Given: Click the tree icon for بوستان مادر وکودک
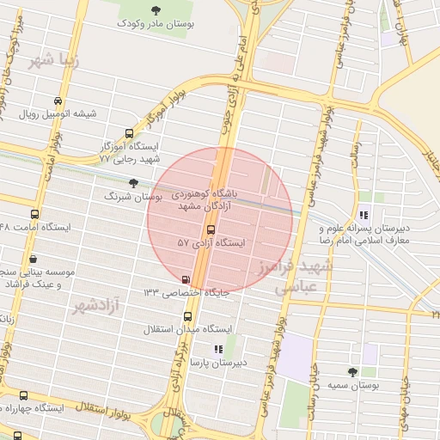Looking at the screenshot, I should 155,10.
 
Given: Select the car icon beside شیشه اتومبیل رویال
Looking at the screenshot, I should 58,100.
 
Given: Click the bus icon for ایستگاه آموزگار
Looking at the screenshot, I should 129,133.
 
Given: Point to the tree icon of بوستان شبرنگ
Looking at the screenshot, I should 132,183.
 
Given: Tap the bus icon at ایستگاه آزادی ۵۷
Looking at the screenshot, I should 211,229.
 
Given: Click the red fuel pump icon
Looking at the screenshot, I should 186,279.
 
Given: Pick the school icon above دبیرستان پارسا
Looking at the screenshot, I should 217,349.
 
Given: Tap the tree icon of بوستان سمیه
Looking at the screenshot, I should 352,371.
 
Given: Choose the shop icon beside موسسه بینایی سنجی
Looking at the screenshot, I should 33,258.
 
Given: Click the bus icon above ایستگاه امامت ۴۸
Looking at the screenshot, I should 34,214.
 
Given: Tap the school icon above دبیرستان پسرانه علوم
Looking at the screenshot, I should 364,215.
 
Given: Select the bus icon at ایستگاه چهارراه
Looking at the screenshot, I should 23,395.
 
